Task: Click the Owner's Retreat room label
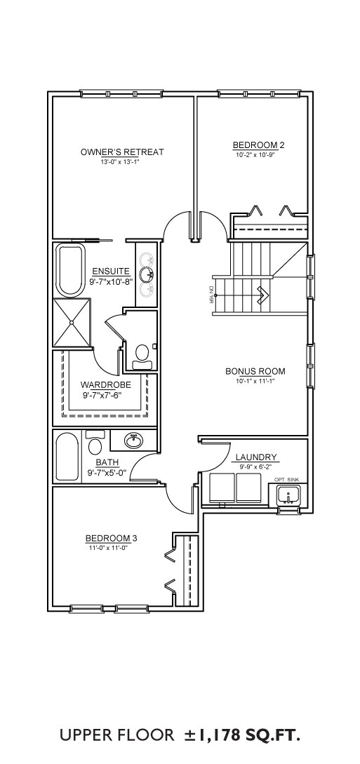[122, 152]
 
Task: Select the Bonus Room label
[255, 371]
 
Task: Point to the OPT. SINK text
[286, 480]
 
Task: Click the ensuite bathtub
[71, 270]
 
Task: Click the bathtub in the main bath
[66, 457]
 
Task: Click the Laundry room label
[256, 457]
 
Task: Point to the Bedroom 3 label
[112, 538]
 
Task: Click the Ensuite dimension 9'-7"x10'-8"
[111, 281]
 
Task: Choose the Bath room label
[107, 462]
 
